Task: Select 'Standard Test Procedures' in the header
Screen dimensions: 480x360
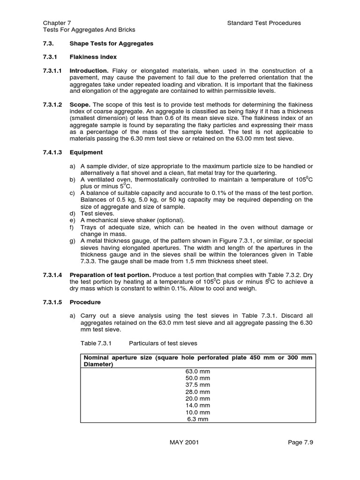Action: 264,22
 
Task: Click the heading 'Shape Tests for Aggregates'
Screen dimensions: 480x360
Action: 111,44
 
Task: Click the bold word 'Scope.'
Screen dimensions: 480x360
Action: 80,104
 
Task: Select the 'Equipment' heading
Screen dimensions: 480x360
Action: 86,152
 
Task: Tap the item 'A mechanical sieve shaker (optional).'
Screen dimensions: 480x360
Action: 133,220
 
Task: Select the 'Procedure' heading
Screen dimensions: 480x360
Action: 85,302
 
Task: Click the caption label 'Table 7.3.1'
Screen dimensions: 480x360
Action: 97,344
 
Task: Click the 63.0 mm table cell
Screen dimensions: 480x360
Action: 198,371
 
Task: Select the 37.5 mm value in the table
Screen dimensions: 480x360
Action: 198,385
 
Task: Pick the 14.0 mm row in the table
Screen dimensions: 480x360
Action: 198,405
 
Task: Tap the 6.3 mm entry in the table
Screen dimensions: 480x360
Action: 198,419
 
